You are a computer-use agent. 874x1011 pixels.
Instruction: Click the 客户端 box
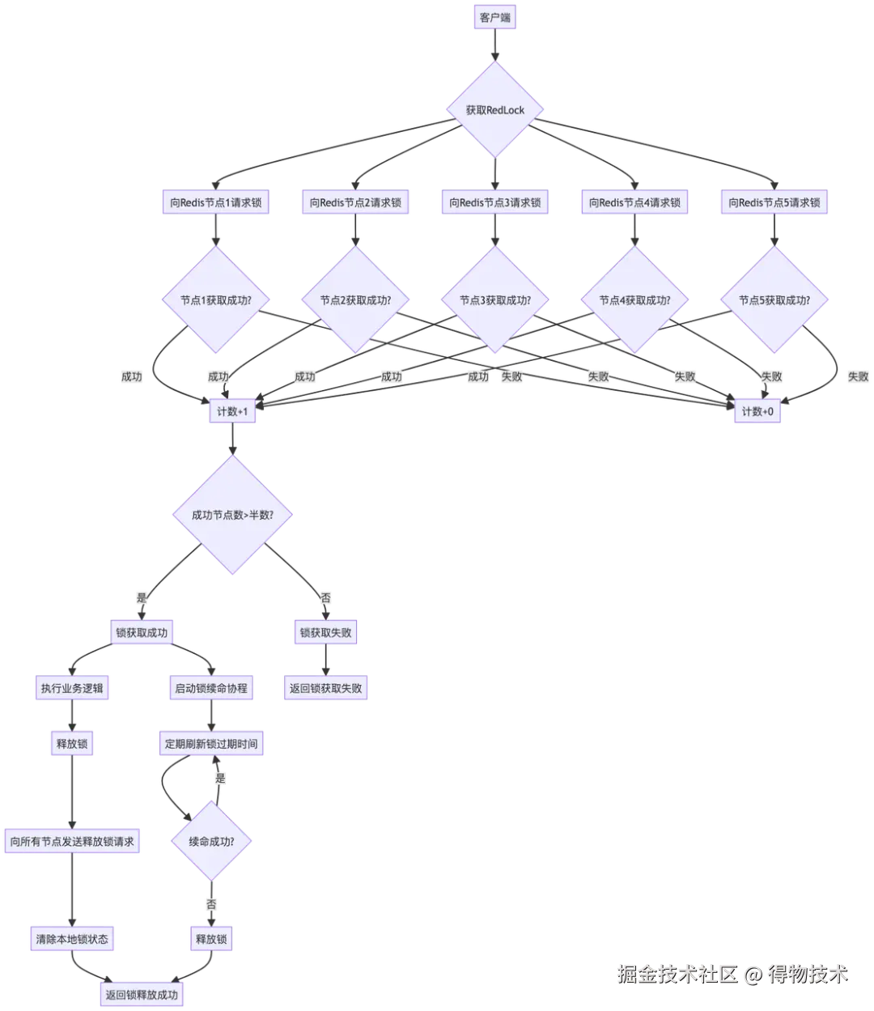pyautogui.click(x=495, y=17)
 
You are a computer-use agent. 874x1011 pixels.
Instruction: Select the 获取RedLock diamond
pyautogui.click(x=495, y=110)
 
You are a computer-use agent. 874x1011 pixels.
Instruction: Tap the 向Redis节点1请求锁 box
pyautogui.click(x=214, y=202)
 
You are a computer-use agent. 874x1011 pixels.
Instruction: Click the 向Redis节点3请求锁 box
pyautogui.click(x=495, y=202)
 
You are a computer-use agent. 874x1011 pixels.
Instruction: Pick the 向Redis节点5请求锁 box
pyautogui.click(x=774, y=202)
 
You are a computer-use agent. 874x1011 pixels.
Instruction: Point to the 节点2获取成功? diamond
pyautogui.click(x=355, y=300)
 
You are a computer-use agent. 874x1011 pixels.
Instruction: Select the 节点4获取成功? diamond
pyautogui.click(x=634, y=300)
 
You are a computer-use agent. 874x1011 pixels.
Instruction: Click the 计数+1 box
pyautogui.click(x=233, y=411)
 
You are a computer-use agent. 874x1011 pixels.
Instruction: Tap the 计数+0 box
pyautogui.click(x=757, y=411)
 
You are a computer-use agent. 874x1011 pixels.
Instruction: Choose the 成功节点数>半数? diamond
pyautogui.click(x=233, y=515)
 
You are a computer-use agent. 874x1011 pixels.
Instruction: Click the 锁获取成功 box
pyautogui.click(x=142, y=632)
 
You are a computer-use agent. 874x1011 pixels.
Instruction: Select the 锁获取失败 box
pyautogui.click(x=326, y=632)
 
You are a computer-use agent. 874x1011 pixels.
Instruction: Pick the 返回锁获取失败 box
pyautogui.click(x=326, y=689)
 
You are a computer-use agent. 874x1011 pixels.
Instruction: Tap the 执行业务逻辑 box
pyautogui.click(x=72, y=689)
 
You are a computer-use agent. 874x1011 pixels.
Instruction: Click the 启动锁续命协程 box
pyautogui.click(x=211, y=689)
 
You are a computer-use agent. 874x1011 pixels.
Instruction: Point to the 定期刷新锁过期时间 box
pyautogui.click(x=211, y=743)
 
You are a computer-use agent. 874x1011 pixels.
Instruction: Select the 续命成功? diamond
pyautogui.click(x=211, y=841)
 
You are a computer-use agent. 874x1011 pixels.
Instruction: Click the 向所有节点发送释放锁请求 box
pyautogui.click(x=72, y=841)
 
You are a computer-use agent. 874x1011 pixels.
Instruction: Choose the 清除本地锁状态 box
pyautogui.click(x=72, y=939)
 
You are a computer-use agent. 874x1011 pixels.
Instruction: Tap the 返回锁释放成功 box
pyautogui.click(x=142, y=995)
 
